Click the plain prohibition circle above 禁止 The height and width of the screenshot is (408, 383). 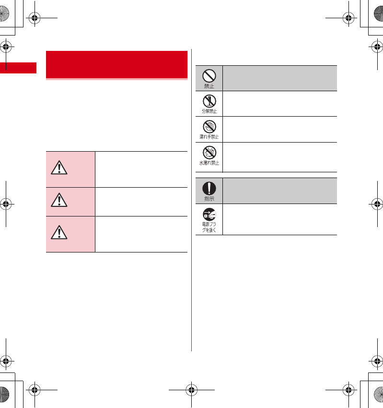[x=209, y=75]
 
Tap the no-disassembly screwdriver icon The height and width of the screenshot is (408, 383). [x=209, y=100]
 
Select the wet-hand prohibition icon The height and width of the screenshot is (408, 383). [x=209, y=126]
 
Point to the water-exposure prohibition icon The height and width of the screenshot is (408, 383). [x=209, y=152]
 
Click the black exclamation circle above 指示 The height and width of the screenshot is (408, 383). [x=209, y=188]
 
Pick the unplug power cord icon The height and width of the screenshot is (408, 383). [x=209, y=214]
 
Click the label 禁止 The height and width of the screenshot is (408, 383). [x=209, y=86]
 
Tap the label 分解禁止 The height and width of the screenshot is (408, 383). [x=209, y=111]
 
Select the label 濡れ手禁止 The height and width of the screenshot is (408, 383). [x=209, y=137]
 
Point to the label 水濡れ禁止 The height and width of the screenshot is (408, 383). [x=209, y=163]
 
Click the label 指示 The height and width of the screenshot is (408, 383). [x=209, y=199]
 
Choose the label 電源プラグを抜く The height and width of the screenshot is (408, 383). [x=209, y=227]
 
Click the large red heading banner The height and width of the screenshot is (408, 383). [x=116, y=64]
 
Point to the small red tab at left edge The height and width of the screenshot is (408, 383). [x=18, y=67]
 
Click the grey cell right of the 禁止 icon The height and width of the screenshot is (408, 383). [x=279, y=78]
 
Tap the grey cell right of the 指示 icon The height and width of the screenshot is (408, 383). [x=279, y=191]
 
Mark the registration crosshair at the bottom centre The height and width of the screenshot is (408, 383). [x=191, y=389]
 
